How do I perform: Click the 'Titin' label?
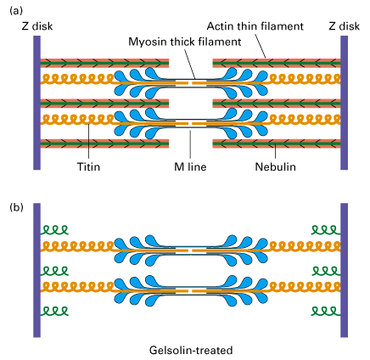point(88,166)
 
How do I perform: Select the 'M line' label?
point(190,166)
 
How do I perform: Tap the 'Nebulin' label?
point(275,166)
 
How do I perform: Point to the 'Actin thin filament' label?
point(255,26)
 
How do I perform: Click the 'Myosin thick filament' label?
point(185,42)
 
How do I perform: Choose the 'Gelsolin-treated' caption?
point(191,350)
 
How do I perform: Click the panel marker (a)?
point(16,11)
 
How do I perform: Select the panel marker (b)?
point(16,207)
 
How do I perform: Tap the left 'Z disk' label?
point(37,26)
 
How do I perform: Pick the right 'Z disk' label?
point(344,26)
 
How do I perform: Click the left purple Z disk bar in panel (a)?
point(36,103)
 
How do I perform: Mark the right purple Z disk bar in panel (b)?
point(344,270)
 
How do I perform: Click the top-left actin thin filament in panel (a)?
point(104,63)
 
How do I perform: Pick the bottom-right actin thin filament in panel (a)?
point(277,143)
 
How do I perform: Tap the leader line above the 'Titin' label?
point(88,142)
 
